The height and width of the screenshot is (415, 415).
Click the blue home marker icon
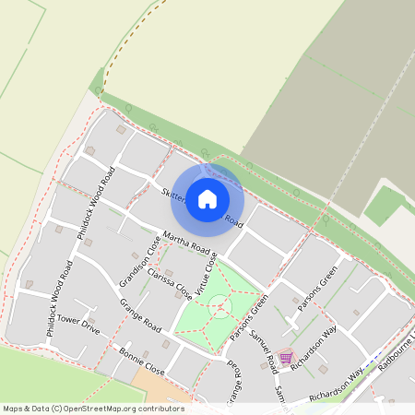pos(207,198)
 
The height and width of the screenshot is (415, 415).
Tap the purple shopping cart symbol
pos(285,357)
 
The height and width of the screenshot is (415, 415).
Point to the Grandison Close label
pos(134,266)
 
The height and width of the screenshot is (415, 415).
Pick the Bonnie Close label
pos(142,362)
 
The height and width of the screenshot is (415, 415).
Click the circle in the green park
pos(219,305)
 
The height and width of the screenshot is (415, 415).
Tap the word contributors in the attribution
pos(156,409)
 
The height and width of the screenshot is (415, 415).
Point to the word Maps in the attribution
pos(13,409)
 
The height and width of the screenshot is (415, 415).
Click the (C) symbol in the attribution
pos(57,409)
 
